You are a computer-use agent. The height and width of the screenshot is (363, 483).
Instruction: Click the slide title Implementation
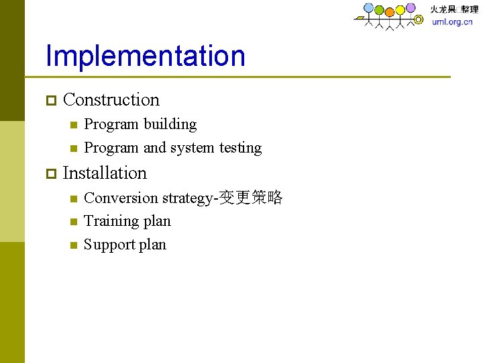click(x=145, y=56)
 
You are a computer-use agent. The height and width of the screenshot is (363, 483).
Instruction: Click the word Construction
click(x=111, y=100)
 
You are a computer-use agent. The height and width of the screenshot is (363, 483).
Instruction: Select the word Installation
click(x=104, y=173)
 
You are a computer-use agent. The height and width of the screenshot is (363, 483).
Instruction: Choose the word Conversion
click(x=121, y=198)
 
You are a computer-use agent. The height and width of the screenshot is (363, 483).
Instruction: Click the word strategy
click(x=186, y=199)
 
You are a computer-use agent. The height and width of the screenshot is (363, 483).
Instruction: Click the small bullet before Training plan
click(x=73, y=222)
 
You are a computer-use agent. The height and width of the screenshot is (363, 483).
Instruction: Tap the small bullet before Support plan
click(x=73, y=245)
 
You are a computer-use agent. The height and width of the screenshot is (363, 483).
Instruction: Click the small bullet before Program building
click(x=73, y=125)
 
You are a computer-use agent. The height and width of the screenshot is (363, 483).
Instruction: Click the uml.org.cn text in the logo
click(x=451, y=22)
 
